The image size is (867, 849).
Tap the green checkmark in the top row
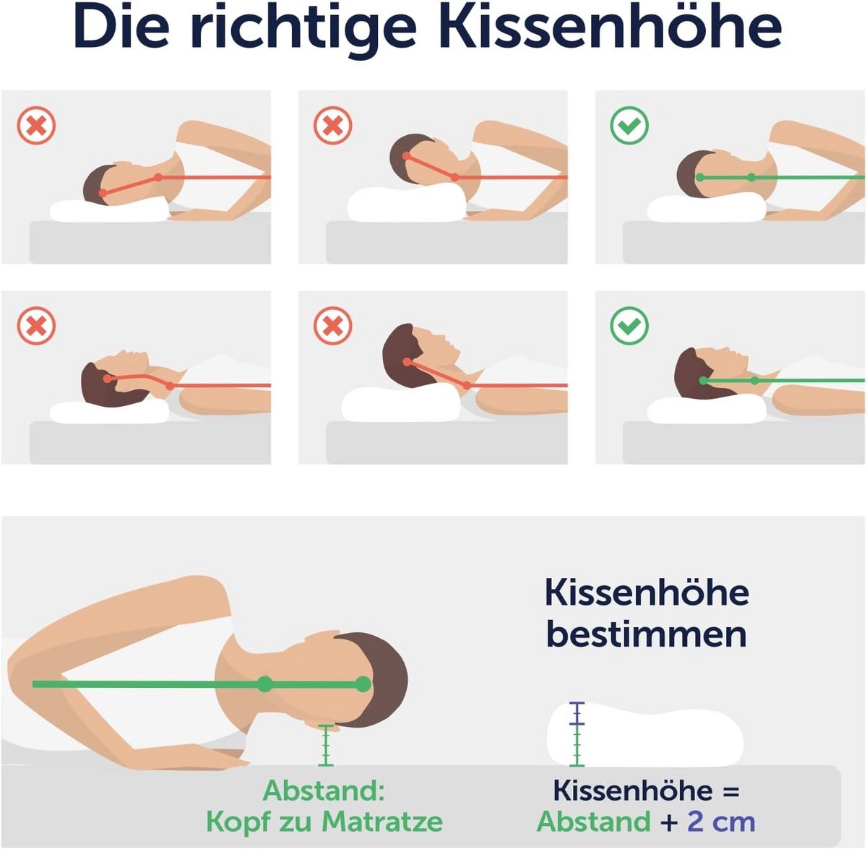[x=629, y=125]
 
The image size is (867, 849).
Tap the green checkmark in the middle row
[x=629, y=325]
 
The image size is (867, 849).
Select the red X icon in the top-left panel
[x=36, y=125]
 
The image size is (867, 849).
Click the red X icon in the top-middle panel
[x=333, y=125]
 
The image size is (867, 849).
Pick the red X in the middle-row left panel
[x=36, y=325]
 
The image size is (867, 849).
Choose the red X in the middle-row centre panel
[x=333, y=325]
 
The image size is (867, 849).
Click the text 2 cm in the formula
[x=721, y=822]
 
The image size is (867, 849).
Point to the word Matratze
[x=382, y=822]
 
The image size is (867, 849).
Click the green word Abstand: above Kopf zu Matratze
[x=324, y=790]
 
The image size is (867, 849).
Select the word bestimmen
[x=647, y=634]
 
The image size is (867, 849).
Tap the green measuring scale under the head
[x=326, y=745]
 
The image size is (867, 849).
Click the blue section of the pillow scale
[x=577, y=712]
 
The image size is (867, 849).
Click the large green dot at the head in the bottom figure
[x=363, y=684]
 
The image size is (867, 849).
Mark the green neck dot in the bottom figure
[x=265, y=684]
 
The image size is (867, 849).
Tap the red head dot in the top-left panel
[x=103, y=193]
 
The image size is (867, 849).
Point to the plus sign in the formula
[x=669, y=822]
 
